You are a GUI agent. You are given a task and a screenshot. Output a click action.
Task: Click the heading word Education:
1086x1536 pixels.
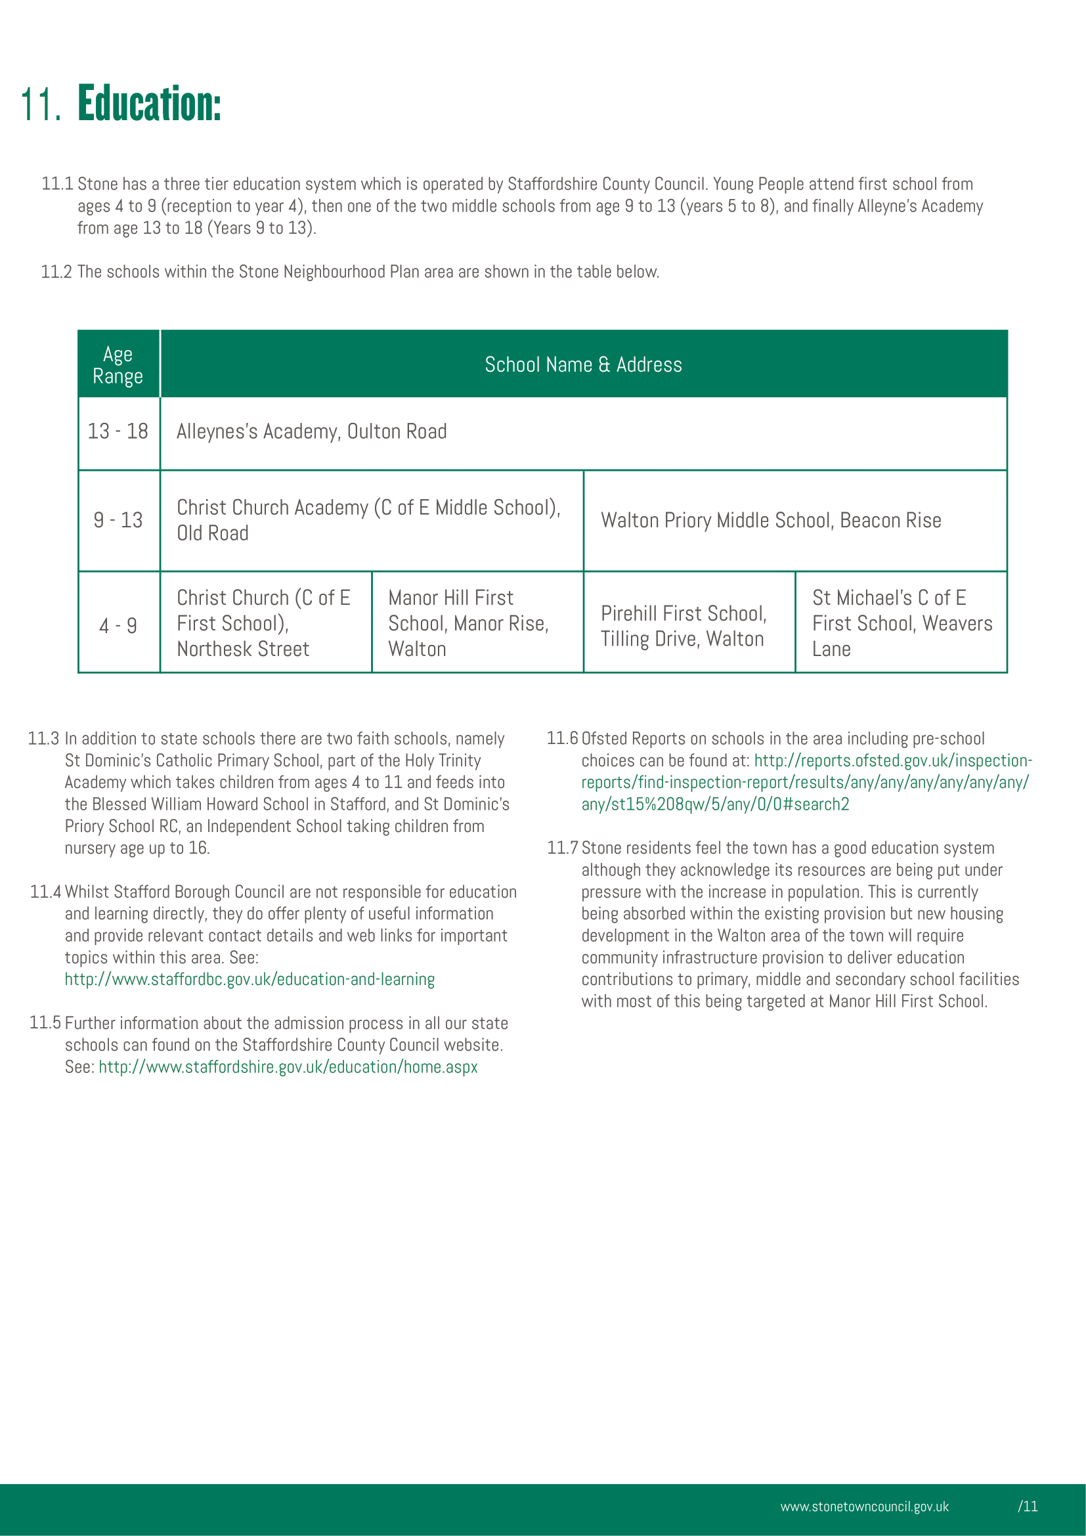(149, 104)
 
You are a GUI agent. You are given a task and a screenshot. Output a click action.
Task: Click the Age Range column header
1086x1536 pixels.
(118, 365)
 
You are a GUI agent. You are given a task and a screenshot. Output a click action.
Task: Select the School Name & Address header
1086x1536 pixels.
(583, 365)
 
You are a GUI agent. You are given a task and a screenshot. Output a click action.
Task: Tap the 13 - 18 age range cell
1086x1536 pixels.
(118, 431)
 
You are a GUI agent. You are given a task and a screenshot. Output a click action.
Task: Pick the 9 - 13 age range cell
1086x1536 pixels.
(118, 521)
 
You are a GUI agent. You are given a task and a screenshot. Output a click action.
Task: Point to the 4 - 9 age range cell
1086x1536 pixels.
(118, 626)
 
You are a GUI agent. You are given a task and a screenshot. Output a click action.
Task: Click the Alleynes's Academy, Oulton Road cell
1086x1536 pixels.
(312, 432)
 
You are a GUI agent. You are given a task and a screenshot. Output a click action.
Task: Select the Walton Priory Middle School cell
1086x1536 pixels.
(770, 521)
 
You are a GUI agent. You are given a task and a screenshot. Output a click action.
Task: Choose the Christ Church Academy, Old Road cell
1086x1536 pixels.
(368, 521)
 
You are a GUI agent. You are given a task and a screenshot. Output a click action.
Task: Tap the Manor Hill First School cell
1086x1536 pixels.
(468, 623)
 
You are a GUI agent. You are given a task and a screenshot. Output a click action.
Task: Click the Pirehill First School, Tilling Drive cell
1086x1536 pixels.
(684, 626)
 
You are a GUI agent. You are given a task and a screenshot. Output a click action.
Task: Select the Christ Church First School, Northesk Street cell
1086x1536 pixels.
(263, 623)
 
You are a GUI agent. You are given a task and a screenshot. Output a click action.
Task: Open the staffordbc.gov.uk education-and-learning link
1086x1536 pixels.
(250, 979)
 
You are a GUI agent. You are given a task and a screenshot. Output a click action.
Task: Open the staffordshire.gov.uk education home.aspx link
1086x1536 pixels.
(288, 1067)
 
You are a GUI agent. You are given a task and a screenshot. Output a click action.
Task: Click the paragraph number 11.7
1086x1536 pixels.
(562, 848)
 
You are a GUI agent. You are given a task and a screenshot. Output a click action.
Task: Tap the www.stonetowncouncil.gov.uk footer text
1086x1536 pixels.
(864, 1506)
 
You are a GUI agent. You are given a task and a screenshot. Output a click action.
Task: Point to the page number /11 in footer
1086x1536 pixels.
(1028, 1506)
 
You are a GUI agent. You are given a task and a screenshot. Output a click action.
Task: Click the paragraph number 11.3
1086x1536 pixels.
(43, 739)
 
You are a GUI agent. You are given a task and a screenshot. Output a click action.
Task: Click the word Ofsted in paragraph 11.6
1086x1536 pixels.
(604, 739)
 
